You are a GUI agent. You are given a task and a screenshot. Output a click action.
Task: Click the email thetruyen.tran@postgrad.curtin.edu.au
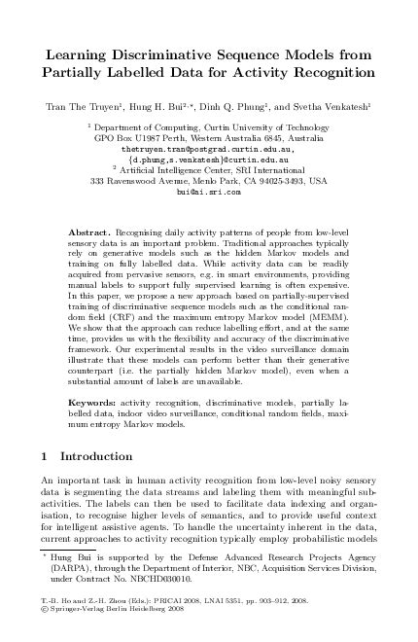(208, 151)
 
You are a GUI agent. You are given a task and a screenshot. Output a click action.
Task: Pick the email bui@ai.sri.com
(208, 194)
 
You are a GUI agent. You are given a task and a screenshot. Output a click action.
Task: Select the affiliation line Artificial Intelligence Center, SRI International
(211, 171)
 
